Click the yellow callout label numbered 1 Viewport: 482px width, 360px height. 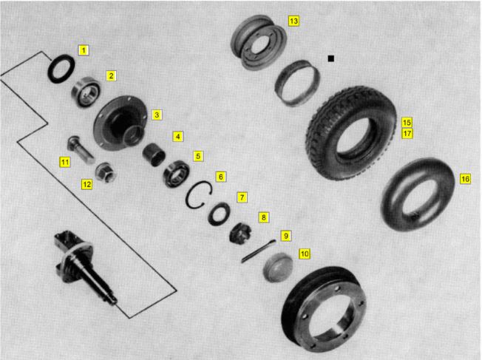point(84,50)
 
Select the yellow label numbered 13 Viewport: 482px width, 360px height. point(293,21)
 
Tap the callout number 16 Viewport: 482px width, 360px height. point(465,179)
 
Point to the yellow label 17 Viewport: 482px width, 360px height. point(407,133)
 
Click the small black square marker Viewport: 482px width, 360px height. point(330,58)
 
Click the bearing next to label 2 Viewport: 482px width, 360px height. point(86,92)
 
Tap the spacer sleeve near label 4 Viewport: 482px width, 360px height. point(154,154)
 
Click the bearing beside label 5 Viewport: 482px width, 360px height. point(176,174)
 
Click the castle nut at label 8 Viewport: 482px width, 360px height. point(240,234)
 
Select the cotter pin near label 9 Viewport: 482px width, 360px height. point(258,251)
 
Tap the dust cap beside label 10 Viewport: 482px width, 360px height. point(278,267)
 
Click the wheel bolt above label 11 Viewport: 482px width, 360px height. point(81,150)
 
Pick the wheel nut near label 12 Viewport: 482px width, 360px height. point(106,172)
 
